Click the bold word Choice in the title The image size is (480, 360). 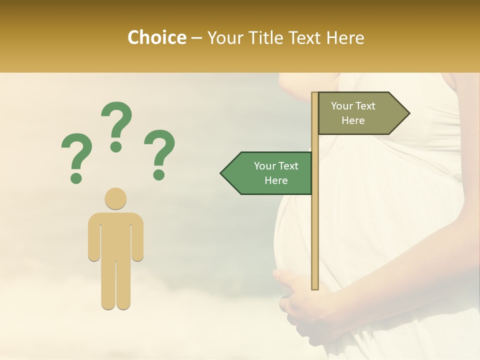coord(156,37)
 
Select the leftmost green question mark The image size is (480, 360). coord(75,156)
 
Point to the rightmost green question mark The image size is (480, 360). coord(159,153)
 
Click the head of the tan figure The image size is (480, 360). coord(115,198)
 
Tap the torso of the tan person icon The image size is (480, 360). coord(115,235)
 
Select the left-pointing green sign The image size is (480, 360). coord(270,173)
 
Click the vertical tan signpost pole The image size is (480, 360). coord(315,200)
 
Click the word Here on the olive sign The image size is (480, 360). coord(353,120)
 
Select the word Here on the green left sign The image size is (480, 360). coord(276,180)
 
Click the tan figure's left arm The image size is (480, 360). coord(93,237)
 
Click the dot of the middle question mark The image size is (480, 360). coord(116,146)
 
